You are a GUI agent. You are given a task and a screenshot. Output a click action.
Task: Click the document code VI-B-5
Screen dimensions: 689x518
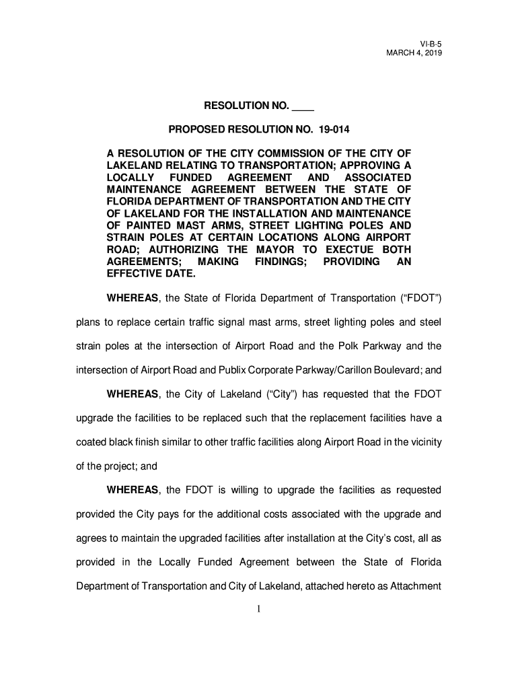coord(431,42)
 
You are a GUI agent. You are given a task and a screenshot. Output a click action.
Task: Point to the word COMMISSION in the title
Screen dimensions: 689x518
coord(292,153)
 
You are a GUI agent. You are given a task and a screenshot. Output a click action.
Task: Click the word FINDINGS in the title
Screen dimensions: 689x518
coord(281,262)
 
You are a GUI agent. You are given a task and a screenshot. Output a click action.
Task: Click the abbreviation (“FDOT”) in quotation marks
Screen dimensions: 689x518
coord(418,298)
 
